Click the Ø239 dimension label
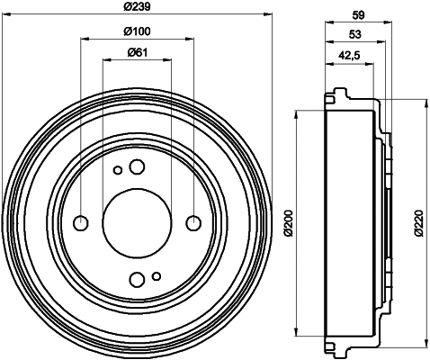click(138, 6)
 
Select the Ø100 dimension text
click(138, 31)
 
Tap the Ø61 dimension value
click(138, 52)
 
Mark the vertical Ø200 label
click(288, 222)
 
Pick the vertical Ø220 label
click(419, 222)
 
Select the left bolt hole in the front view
click(81, 222)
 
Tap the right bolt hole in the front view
click(193, 222)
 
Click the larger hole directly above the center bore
click(137, 166)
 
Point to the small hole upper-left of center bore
click(117, 169)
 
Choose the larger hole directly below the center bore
click(137, 278)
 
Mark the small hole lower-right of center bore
click(157, 275)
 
